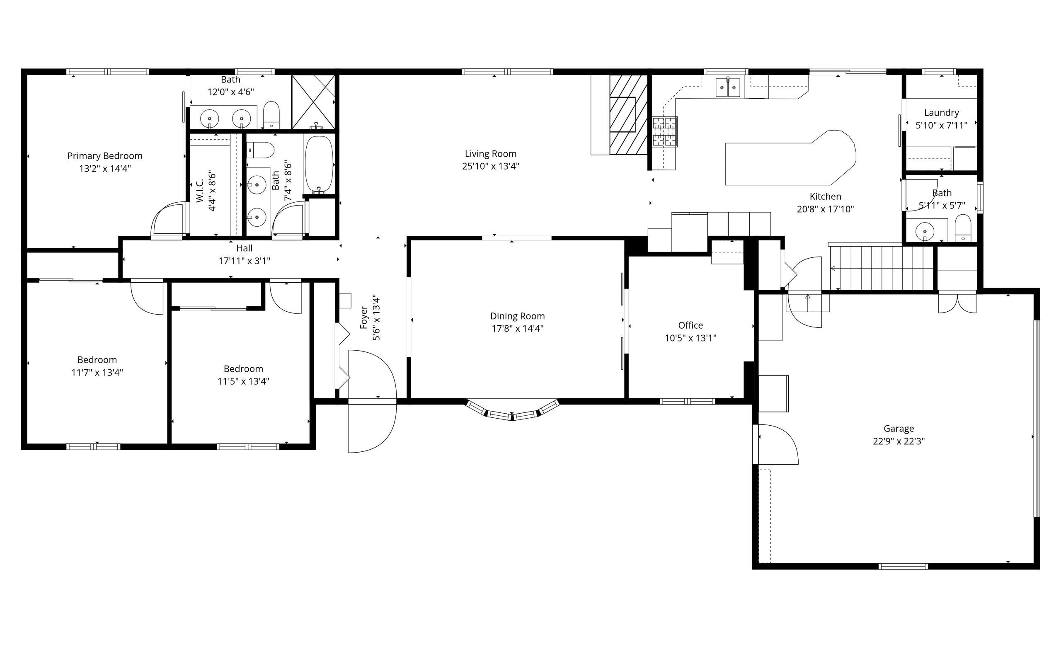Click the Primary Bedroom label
pos(104,156)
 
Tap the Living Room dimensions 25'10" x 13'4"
pos(490,166)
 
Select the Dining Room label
pos(517,316)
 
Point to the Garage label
pos(899,429)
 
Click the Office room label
pos(690,326)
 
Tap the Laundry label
pos(941,113)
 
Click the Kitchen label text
pos(825,196)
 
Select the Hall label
pos(244,248)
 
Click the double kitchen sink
pos(728,87)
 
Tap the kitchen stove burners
pos(664,132)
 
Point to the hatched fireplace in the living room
pos(628,114)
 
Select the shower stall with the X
pos(313,102)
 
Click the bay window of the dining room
pos(512,410)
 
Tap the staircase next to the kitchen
pos(881,267)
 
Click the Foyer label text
pos(364,317)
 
